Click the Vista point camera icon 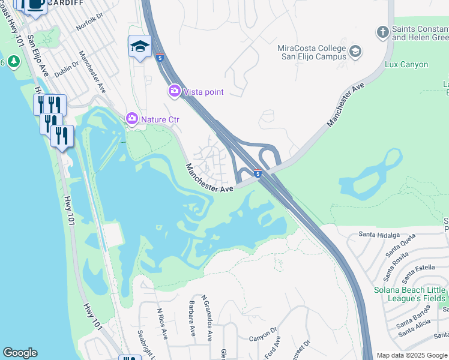[x=174, y=91]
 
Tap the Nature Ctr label [x=160, y=119]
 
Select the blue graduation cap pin [x=140, y=46]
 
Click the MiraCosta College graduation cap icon [x=355, y=52]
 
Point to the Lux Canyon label [x=406, y=64]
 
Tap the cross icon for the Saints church [x=382, y=32]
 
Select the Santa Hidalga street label [x=379, y=235]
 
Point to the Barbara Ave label [x=193, y=318]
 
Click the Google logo [x=20, y=353]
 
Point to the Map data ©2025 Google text [x=411, y=355]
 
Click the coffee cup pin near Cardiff [x=35, y=5]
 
